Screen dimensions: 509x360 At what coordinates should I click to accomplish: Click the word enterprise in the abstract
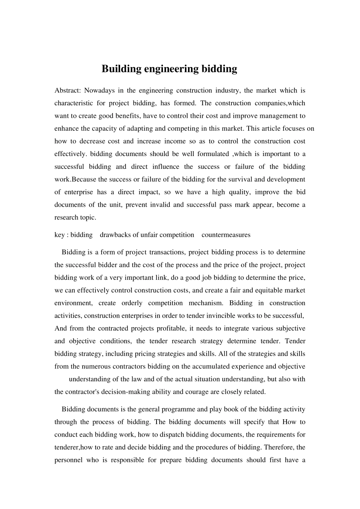click(78, 192)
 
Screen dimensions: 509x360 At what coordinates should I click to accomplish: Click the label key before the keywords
click(59, 235)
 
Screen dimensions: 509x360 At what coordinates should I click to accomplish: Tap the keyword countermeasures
click(226, 235)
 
